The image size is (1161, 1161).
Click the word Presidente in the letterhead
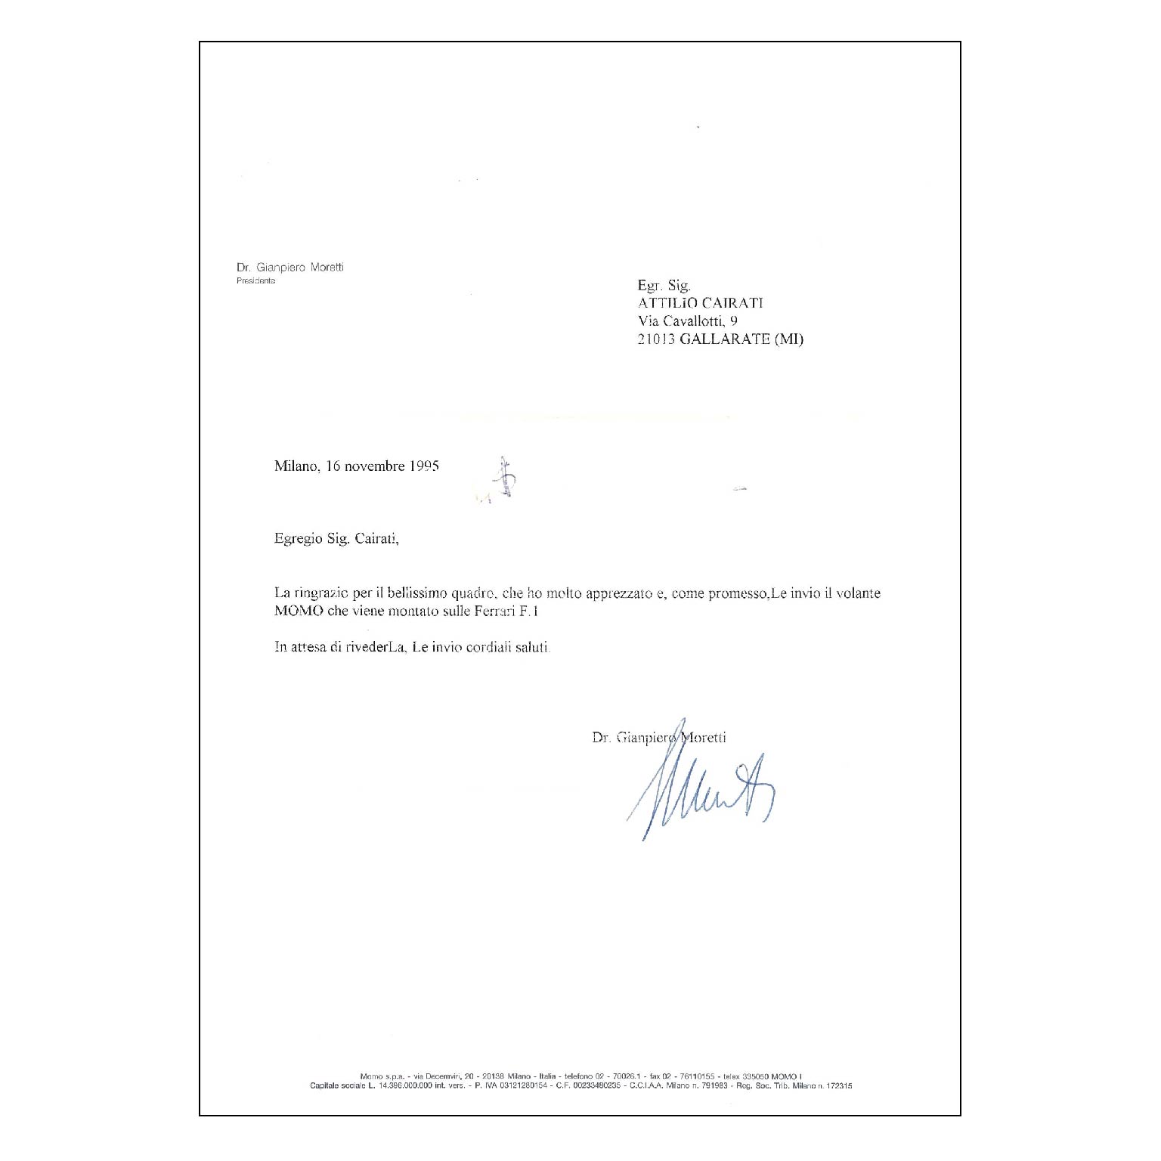pyautogui.click(x=255, y=281)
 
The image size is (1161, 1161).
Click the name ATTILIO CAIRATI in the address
pyautogui.click(x=701, y=304)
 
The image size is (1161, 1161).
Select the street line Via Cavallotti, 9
pyautogui.click(x=688, y=321)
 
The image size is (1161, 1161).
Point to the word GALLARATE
pyautogui.click(x=723, y=339)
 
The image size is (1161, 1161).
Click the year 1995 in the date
pyautogui.click(x=424, y=466)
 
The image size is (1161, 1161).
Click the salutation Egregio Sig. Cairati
pyautogui.click(x=336, y=540)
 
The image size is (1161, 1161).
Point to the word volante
pyautogui.click(x=858, y=594)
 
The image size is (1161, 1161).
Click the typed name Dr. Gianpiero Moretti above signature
pyautogui.click(x=659, y=738)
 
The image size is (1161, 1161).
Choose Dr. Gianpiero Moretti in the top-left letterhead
pyautogui.click(x=289, y=268)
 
